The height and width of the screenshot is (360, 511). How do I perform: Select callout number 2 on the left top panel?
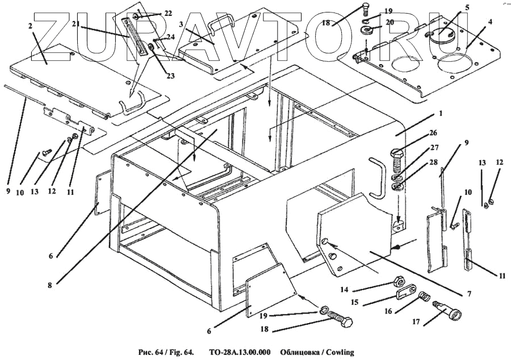pos(30,26)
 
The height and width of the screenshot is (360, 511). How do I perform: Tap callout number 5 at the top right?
pos(467,7)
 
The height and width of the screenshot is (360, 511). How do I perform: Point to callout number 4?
pos(489,22)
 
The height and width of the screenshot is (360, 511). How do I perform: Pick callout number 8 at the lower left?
pos(50,286)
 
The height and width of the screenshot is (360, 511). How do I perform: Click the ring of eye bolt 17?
pos(454,314)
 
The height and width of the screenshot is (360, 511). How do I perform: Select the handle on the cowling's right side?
pos(376,178)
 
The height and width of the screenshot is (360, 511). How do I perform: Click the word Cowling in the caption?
pos(338,353)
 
